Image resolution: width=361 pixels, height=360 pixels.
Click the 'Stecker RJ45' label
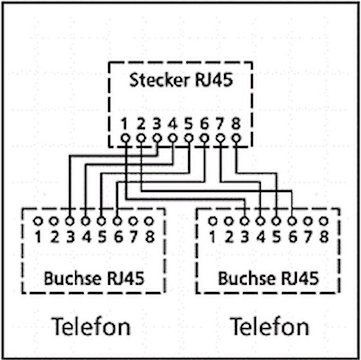point(181,80)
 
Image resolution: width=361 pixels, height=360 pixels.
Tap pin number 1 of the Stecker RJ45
point(125,138)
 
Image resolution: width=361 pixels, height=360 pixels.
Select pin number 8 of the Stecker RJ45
point(236,138)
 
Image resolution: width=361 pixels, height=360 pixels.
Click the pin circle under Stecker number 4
point(173,138)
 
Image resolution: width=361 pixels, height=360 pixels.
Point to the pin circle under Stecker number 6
point(204,138)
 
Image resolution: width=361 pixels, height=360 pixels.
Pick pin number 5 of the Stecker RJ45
point(189,138)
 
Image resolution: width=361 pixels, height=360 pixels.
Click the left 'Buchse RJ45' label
point(94,278)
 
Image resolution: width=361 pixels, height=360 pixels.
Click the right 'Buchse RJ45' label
point(268,278)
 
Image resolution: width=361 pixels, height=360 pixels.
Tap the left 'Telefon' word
point(91,327)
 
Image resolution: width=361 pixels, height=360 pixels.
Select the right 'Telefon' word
point(269,327)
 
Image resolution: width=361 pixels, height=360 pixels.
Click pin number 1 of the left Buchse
point(38,221)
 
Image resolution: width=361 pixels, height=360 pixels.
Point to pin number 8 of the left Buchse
point(149,221)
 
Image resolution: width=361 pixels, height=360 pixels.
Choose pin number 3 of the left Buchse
point(70,221)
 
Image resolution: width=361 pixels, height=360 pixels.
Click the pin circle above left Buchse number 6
point(117,221)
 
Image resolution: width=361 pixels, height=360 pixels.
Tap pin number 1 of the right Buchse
point(212,221)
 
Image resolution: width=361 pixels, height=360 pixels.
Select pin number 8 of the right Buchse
point(324,221)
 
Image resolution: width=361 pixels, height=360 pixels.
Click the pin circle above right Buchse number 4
point(260,221)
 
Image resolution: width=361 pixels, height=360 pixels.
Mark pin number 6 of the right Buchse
point(292,221)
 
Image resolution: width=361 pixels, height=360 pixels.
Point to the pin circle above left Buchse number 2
point(54,221)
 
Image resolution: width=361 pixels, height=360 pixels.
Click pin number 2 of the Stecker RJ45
point(141,138)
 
